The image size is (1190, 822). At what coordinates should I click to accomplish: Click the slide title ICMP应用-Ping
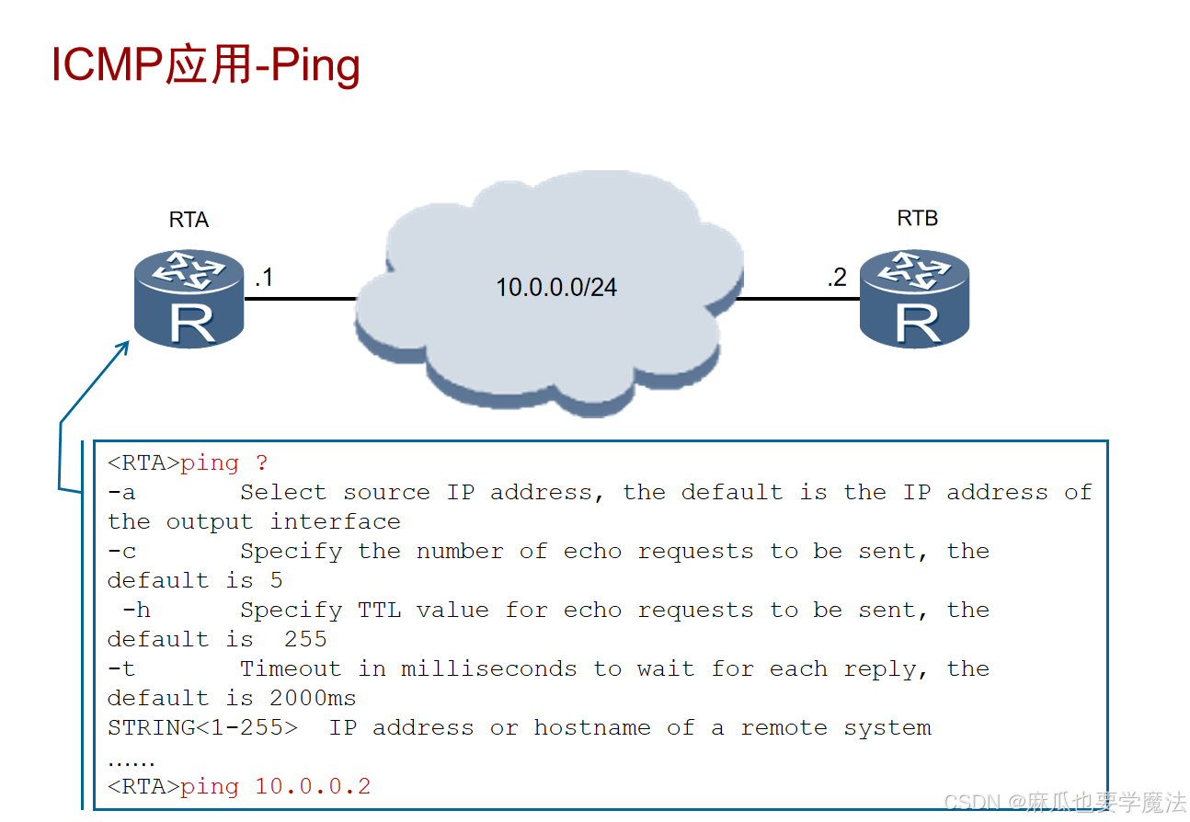(x=205, y=65)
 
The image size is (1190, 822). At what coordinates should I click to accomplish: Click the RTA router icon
(x=189, y=299)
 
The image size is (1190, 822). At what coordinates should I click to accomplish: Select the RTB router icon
(x=914, y=299)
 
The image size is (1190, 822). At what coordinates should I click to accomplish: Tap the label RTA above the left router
(x=189, y=220)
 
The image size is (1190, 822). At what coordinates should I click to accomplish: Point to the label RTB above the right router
(x=917, y=218)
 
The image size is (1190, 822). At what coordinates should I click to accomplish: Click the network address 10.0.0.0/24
(x=555, y=288)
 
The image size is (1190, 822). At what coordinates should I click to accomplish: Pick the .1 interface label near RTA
(x=263, y=277)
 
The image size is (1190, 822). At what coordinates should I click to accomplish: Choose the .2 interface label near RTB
(x=836, y=277)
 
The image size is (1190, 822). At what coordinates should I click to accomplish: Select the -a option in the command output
(x=121, y=493)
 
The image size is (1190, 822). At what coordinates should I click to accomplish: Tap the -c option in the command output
(x=121, y=552)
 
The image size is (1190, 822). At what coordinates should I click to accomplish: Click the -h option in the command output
(x=136, y=611)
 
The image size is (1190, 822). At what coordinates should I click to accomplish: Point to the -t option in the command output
(x=121, y=669)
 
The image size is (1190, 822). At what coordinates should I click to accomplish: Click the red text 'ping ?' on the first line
(x=224, y=463)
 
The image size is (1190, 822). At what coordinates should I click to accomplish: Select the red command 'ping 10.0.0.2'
(x=276, y=787)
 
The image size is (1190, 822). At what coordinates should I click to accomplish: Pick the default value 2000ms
(x=313, y=699)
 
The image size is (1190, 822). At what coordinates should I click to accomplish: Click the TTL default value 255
(x=305, y=640)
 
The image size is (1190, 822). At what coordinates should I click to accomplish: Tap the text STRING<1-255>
(x=202, y=728)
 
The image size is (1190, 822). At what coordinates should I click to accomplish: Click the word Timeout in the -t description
(x=291, y=669)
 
